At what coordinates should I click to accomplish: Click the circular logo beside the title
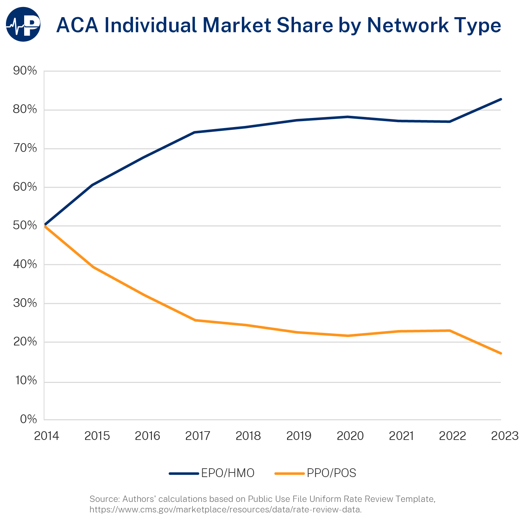23,24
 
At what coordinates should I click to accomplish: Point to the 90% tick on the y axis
25,71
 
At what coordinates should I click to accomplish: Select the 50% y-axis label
25,226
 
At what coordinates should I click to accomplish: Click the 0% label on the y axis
28,419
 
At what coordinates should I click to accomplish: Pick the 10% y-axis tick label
25,381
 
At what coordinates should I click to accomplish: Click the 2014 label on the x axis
47,436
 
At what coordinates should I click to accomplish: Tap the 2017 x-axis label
198,436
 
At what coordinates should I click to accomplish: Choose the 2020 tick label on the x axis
350,436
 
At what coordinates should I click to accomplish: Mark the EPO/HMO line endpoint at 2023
501,99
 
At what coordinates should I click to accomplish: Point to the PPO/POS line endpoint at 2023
501,353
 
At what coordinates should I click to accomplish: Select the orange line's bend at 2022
450,330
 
